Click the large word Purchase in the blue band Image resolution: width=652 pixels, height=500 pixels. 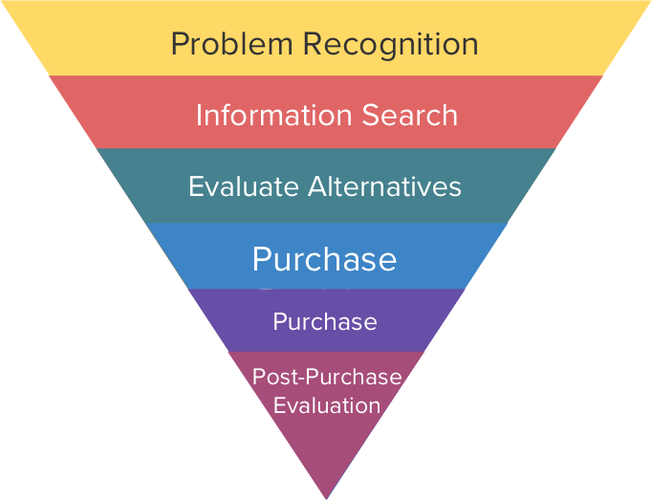324,259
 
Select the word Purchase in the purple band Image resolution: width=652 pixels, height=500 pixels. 325,322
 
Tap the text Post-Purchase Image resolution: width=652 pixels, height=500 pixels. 327,377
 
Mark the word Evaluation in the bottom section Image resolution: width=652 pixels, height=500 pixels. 327,405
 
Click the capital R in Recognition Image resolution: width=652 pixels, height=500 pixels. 311,44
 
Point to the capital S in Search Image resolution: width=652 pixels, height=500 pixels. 371,116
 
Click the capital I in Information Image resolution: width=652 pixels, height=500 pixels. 199,116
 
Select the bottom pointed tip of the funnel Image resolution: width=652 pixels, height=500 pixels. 326,496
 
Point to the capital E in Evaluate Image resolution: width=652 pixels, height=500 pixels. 195,185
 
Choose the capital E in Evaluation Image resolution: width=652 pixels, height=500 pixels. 279,405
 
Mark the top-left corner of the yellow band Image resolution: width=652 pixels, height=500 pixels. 3,3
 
